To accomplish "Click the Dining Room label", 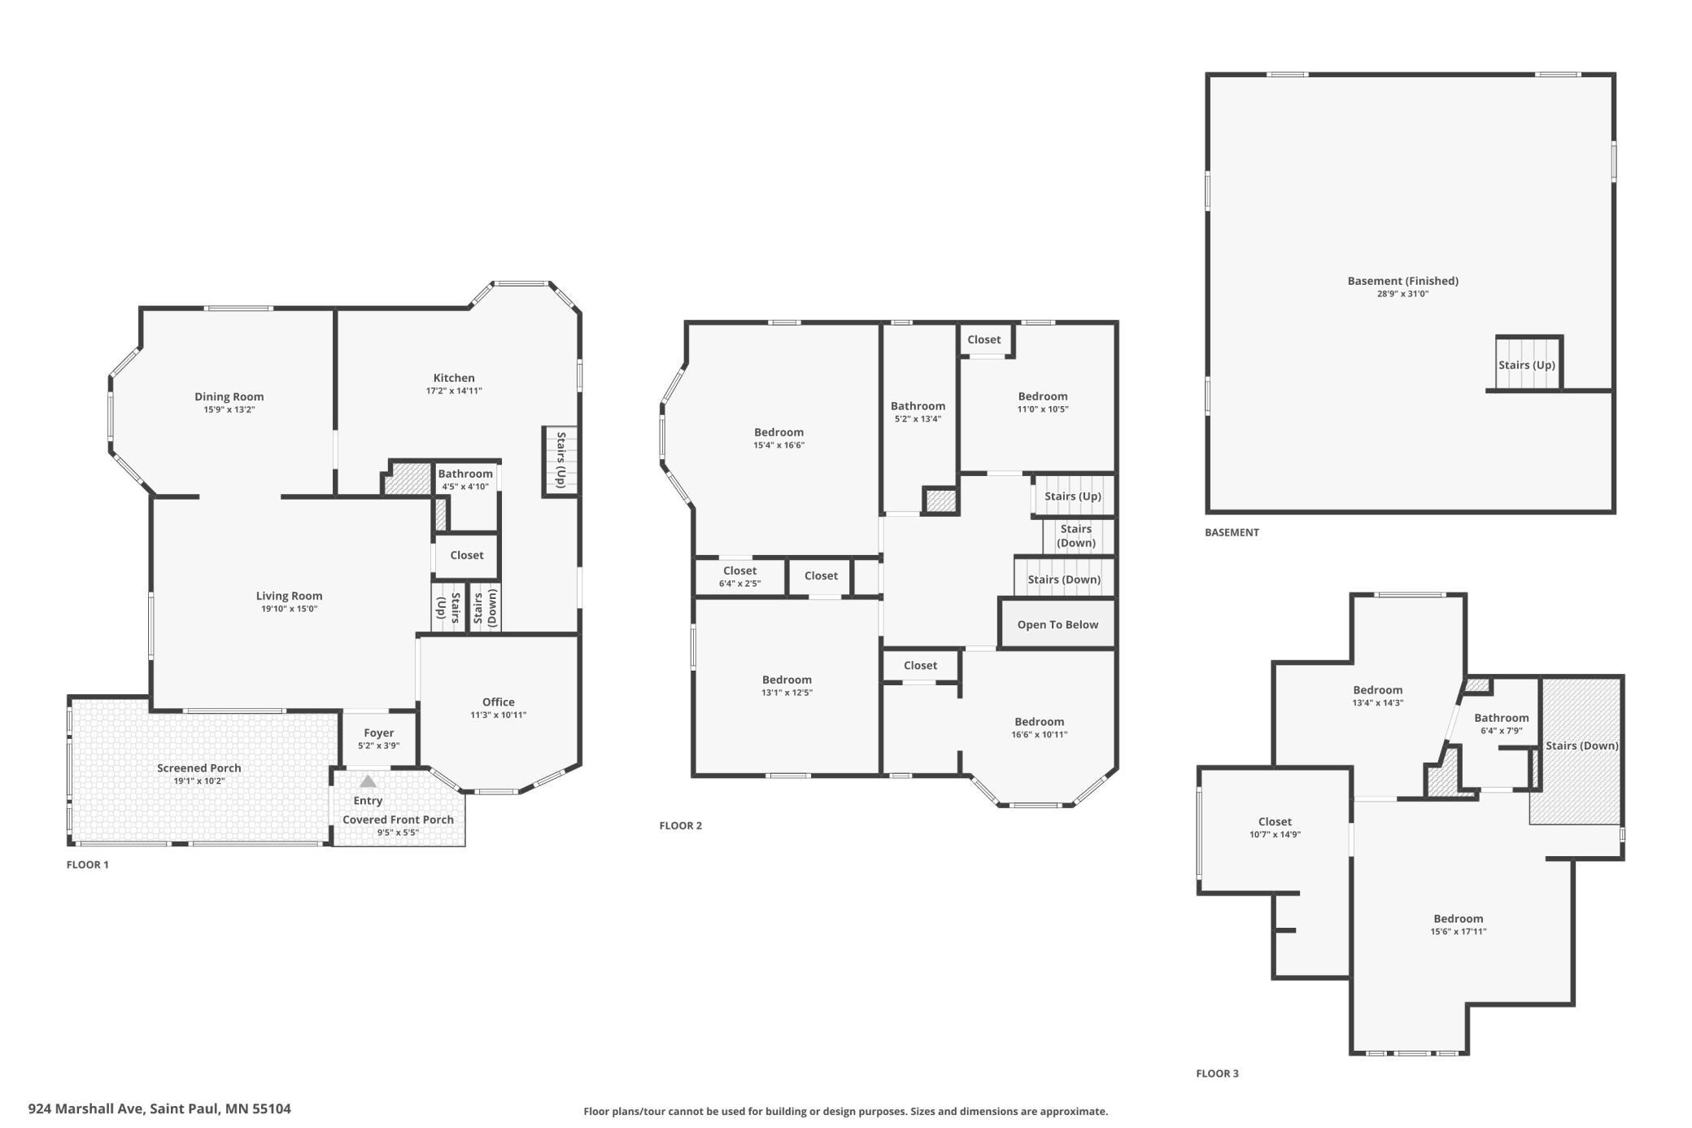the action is click(x=229, y=397).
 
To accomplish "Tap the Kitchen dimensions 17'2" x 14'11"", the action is click(x=454, y=391).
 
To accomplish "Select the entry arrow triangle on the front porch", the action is click(x=368, y=781).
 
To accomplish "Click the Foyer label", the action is click(x=379, y=733).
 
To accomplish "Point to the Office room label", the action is click(x=499, y=702).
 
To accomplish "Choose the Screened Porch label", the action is click(x=199, y=768).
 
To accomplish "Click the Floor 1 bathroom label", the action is click(x=465, y=474).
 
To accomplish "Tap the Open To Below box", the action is click(x=1057, y=624).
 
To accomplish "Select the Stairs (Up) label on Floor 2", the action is click(x=1073, y=496).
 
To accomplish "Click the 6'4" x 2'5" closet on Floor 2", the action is click(x=740, y=576).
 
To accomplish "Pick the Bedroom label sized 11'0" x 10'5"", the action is click(x=1043, y=397).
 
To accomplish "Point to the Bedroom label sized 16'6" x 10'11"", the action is click(x=1040, y=722).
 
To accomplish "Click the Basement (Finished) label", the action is click(x=1403, y=282).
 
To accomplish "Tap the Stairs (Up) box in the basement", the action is click(x=1528, y=364).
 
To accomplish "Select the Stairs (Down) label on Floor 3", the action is click(x=1582, y=746).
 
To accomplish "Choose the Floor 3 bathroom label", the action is click(x=1502, y=718).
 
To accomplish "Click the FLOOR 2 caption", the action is click(x=681, y=826).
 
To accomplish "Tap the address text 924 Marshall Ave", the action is click(x=87, y=1108).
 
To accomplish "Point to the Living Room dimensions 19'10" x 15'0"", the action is click(x=289, y=609).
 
